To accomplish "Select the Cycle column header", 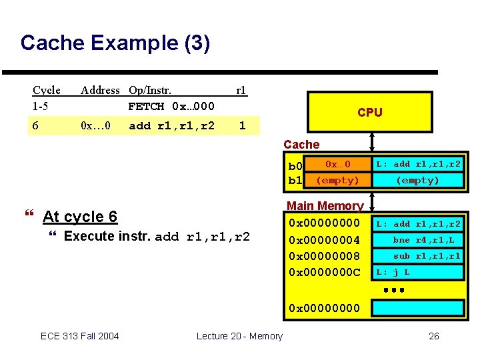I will click(x=47, y=90).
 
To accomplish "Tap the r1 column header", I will click(x=241, y=90).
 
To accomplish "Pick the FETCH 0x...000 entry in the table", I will click(x=171, y=106).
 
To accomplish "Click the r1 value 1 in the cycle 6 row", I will click(x=242, y=125).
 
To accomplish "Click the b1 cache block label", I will click(x=295, y=180).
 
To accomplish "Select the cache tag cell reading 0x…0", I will click(x=337, y=164).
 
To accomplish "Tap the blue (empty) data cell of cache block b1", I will click(x=417, y=180).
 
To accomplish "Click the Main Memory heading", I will click(x=325, y=206).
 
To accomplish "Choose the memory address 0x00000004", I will click(x=324, y=240).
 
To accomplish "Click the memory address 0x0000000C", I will click(x=324, y=272).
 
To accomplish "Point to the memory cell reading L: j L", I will click(x=417, y=272).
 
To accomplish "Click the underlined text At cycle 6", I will click(x=80, y=217).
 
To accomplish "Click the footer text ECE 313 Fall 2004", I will click(x=80, y=336).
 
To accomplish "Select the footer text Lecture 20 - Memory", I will click(x=239, y=336).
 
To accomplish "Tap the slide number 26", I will click(x=433, y=336).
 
